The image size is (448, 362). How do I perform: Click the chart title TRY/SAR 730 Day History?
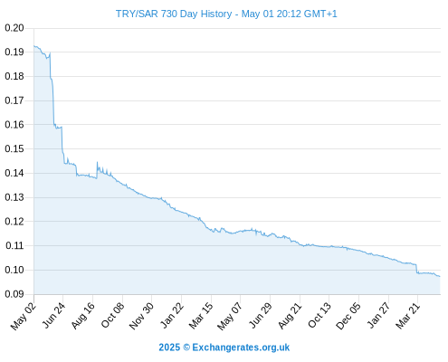[x=174, y=14]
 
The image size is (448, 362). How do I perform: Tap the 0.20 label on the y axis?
[x=14, y=28]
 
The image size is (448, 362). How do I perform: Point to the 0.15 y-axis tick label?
[x=14, y=148]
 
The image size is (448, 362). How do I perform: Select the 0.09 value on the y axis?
[x=14, y=294]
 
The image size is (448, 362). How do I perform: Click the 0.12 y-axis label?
[x=14, y=222]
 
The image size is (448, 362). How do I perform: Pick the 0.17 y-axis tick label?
[x=14, y=100]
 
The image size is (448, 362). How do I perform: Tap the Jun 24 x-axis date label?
[x=53, y=315]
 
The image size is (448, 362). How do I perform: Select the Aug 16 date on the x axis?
[x=82, y=316]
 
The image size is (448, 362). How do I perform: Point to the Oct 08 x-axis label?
[x=112, y=316]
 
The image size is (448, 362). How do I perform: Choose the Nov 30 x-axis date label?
[x=141, y=316]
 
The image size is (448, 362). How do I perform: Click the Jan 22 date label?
[x=172, y=315]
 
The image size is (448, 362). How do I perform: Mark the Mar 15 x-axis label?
[x=201, y=316]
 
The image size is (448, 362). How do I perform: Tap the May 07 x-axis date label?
[x=230, y=316]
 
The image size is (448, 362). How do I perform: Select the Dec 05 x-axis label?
[x=348, y=316]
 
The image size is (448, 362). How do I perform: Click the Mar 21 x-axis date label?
[x=407, y=316]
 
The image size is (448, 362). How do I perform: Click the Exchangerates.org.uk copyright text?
[x=224, y=348]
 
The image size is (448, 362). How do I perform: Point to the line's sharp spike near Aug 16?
[x=97, y=162]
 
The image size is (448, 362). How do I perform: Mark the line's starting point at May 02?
[x=34, y=46]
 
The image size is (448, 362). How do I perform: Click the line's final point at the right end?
[x=440, y=276]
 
